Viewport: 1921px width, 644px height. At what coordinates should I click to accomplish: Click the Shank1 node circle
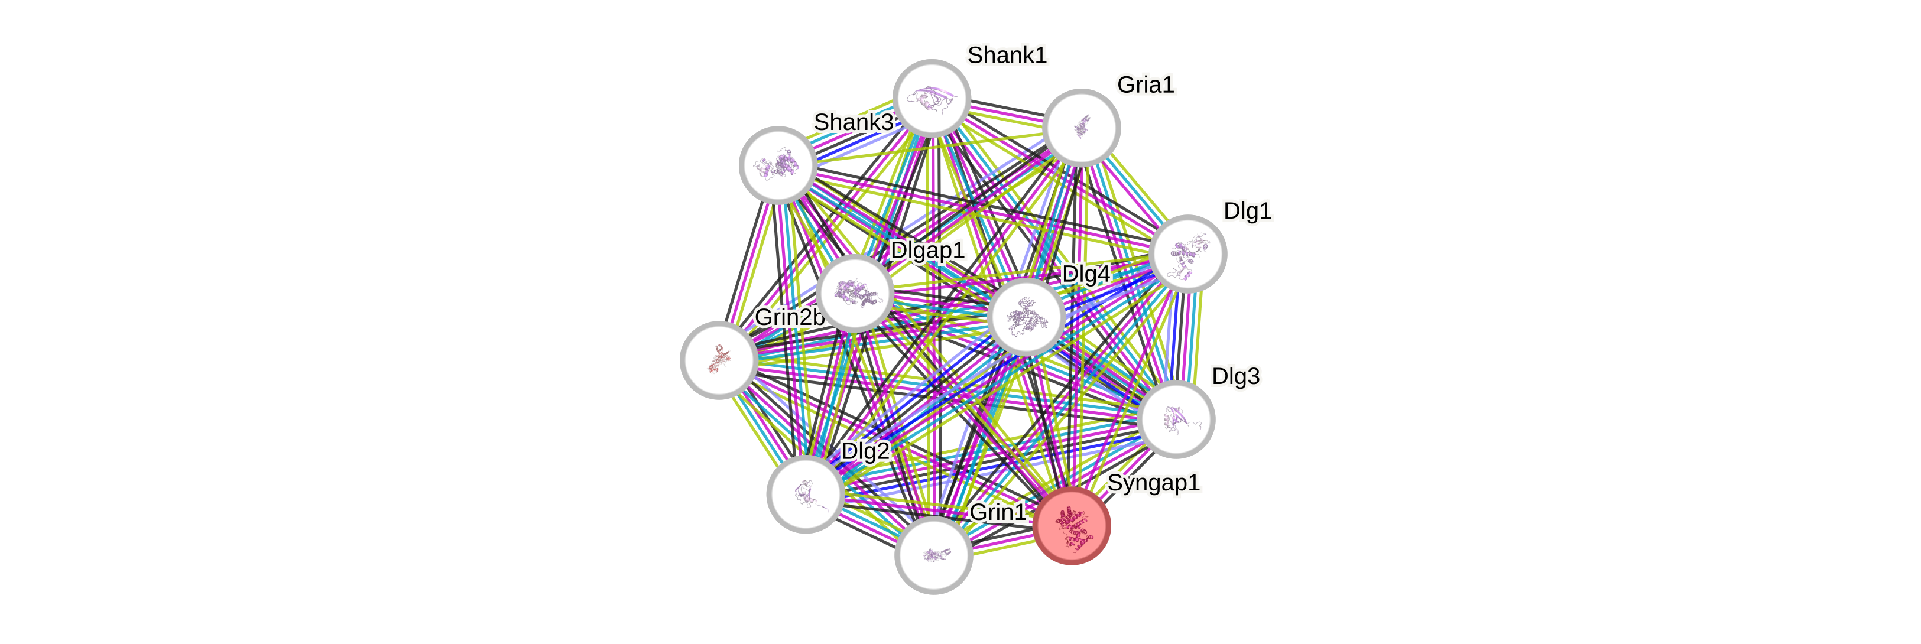tap(932, 99)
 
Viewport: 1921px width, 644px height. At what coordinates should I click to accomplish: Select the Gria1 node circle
tap(1081, 128)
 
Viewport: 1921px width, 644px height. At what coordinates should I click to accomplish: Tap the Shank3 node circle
tap(778, 165)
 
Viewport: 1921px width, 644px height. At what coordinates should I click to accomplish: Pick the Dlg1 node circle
tap(1187, 253)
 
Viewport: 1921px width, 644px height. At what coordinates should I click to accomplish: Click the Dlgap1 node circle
tap(855, 293)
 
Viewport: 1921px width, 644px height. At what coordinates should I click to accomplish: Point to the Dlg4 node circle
tap(1026, 316)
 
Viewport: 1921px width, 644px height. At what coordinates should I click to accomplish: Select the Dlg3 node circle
tap(1176, 419)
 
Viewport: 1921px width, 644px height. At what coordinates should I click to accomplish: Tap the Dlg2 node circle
tap(806, 493)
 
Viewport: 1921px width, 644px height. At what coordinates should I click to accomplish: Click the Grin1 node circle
tap(933, 555)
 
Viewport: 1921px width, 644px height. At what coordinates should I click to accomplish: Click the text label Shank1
tap(1007, 54)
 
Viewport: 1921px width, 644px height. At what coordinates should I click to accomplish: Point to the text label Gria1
tap(1145, 84)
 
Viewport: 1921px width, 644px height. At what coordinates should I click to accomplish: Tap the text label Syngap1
tap(1153, 483)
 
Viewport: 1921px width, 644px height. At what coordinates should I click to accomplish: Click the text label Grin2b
tap(789, 317)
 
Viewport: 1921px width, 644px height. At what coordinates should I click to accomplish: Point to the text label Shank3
tap(852, 122)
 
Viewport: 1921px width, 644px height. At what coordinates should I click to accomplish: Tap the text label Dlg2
tap(865, 451)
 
